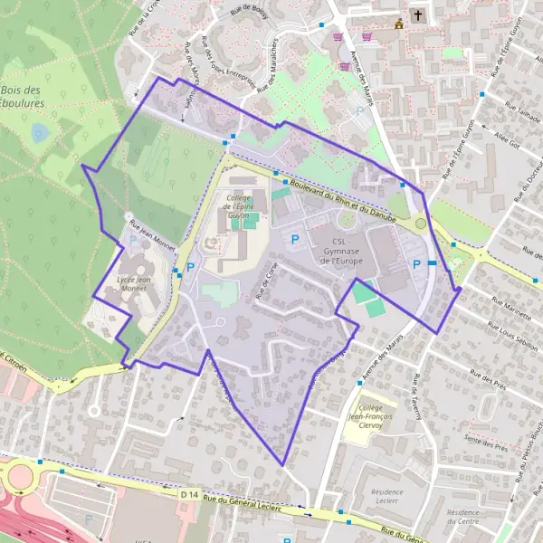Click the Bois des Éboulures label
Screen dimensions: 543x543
pyautogui.click(x=24, y=97)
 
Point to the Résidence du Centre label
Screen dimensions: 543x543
pyautogui.click(x=462, y=516)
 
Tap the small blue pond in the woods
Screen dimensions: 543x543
pyautogui.click(x=40, y=134)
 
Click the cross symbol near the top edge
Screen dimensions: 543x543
pyautogui.click(x=418, y=15)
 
